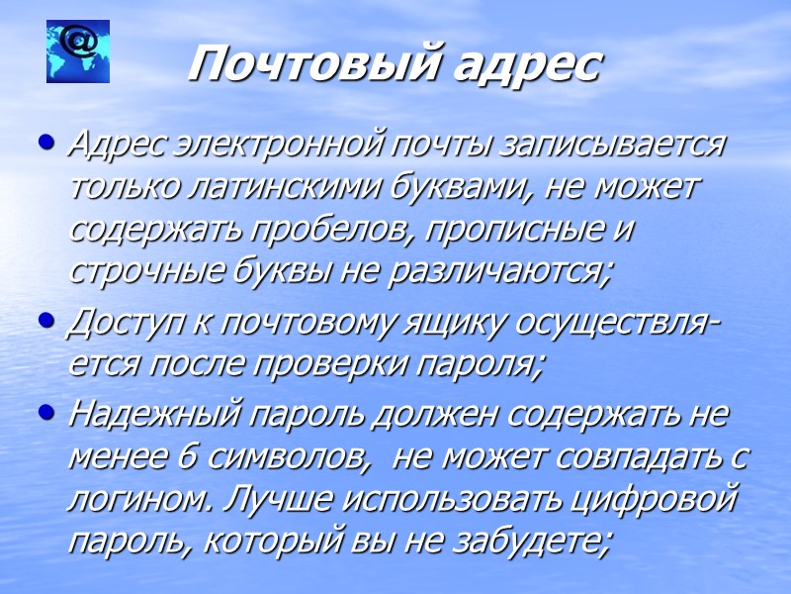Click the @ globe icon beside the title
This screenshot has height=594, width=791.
pos(78,51)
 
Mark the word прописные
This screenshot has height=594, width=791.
pos(514,229)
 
